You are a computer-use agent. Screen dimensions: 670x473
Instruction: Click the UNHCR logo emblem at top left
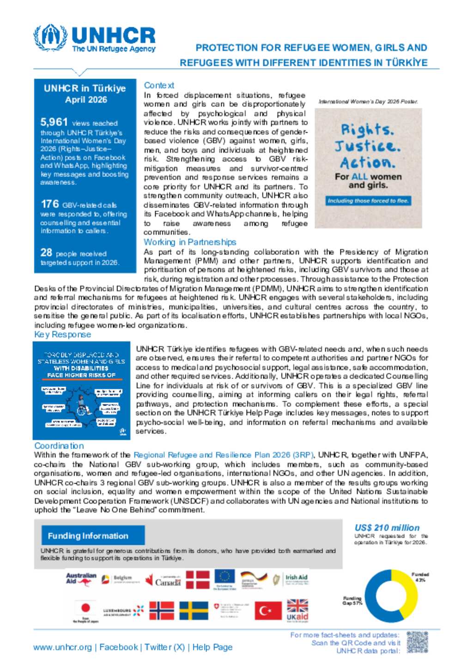pyautogui.click(x=50, y=37)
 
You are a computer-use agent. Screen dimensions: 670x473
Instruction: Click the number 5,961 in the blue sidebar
pyautogui.click(x=54, y=122)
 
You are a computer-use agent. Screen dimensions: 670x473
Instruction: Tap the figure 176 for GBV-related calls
pyautogui.click(x=50, y=204)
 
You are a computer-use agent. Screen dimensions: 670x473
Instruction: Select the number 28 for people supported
pyautogui.click(x=46, y=252)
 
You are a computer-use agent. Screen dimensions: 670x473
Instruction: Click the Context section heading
pyautogui.click(x=159, y=85)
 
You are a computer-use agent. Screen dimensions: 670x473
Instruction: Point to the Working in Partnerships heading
pyautogui.click(x=189, y=242)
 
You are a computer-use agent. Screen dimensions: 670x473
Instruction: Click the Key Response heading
pyautogui.click(x=62, y=334)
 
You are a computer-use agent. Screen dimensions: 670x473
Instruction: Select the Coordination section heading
pyautogui.click(x=59, y=446)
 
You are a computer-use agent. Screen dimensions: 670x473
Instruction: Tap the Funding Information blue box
pyautogui.click(x=93, y=535)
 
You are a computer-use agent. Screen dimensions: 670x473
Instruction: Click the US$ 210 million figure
pyautogui.click(x=387, y=528)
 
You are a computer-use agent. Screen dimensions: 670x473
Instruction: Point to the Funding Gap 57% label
pyautogui.click(x=352, y=601)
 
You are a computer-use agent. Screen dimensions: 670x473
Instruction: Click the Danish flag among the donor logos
pyautogui.click(x=197, y=579)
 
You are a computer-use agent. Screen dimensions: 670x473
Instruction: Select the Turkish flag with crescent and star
pyautogui.click(x=268, y=611)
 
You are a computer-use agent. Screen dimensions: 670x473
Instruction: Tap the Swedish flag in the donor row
pyautogui.click(x=194, y=610)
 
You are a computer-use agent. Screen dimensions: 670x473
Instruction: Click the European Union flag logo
pyautogui.click(x=224, y=577)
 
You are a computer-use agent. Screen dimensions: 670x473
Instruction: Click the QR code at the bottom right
pyautogui.click(x=417, y=642)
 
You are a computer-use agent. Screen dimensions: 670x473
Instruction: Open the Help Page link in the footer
pyautogui.click(x=212, y=647)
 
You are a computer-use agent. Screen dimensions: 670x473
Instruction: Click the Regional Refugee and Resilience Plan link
pyautogui.click(x=224, y=455)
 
